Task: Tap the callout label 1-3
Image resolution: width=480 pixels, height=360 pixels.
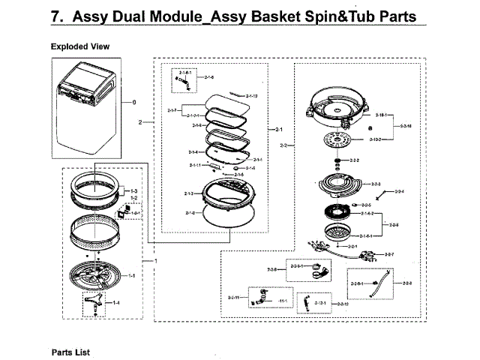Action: tap(133, 191)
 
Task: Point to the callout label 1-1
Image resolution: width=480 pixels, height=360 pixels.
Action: tap(132, 276)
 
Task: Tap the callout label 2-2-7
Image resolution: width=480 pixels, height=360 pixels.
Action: tap(388, 255)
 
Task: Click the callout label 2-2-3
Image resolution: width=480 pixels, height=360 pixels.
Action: tap(376, 184)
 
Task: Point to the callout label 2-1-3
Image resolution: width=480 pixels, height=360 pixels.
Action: tap(189, 193)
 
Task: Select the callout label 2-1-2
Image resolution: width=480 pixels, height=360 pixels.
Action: tap(189, 213)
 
